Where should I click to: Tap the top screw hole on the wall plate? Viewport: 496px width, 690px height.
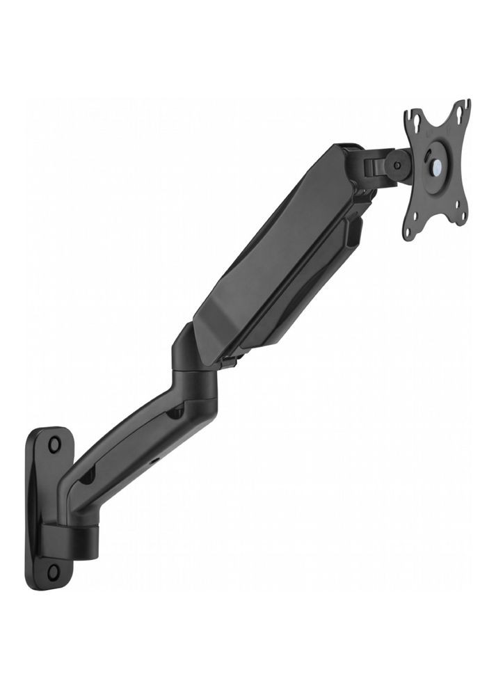54,442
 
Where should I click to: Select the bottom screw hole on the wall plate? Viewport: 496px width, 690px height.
54,572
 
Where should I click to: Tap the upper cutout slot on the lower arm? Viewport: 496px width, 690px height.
175,413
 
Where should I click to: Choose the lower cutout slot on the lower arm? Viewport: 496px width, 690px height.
88,479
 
